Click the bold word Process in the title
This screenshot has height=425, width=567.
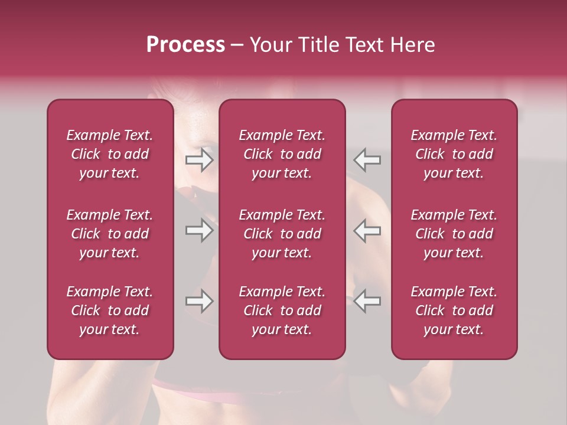pyautogui.click(x=185, y=45)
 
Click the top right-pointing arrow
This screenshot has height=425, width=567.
pyautogui.click(x=200, y=160)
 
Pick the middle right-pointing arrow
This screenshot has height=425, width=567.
pyautogui.click(x=200, y=230)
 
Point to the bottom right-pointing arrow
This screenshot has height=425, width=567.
pyautogui.click(x=200, y=301)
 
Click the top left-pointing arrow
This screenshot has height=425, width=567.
pyautogui.click(x=367, y=160)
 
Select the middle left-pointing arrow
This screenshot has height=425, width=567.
pyautogui.click(x=367, y=230)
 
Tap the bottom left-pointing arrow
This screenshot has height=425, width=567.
pyautogui.click(x=367, y=301)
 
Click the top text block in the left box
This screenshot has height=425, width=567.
pyautogui.click(x=110, y=154)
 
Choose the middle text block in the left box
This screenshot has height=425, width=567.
pyautogui.click(x=110, y=234)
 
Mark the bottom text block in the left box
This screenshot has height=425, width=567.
pyautogui.click(x=110, y=310)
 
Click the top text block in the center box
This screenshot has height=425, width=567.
pyautogui.click(x=282, y=154)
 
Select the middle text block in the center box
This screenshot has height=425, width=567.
pyautogui.click(x=282, y=234)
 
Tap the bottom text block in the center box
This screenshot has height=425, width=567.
pyautogui.click(x=282, y=310)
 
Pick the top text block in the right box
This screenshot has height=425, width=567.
pyautogui.click(x=454, y=154)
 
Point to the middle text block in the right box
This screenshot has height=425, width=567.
pyautogui.click(x=454, y=234)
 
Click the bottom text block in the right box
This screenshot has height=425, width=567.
pyautogui.click(x=454, y=310)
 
